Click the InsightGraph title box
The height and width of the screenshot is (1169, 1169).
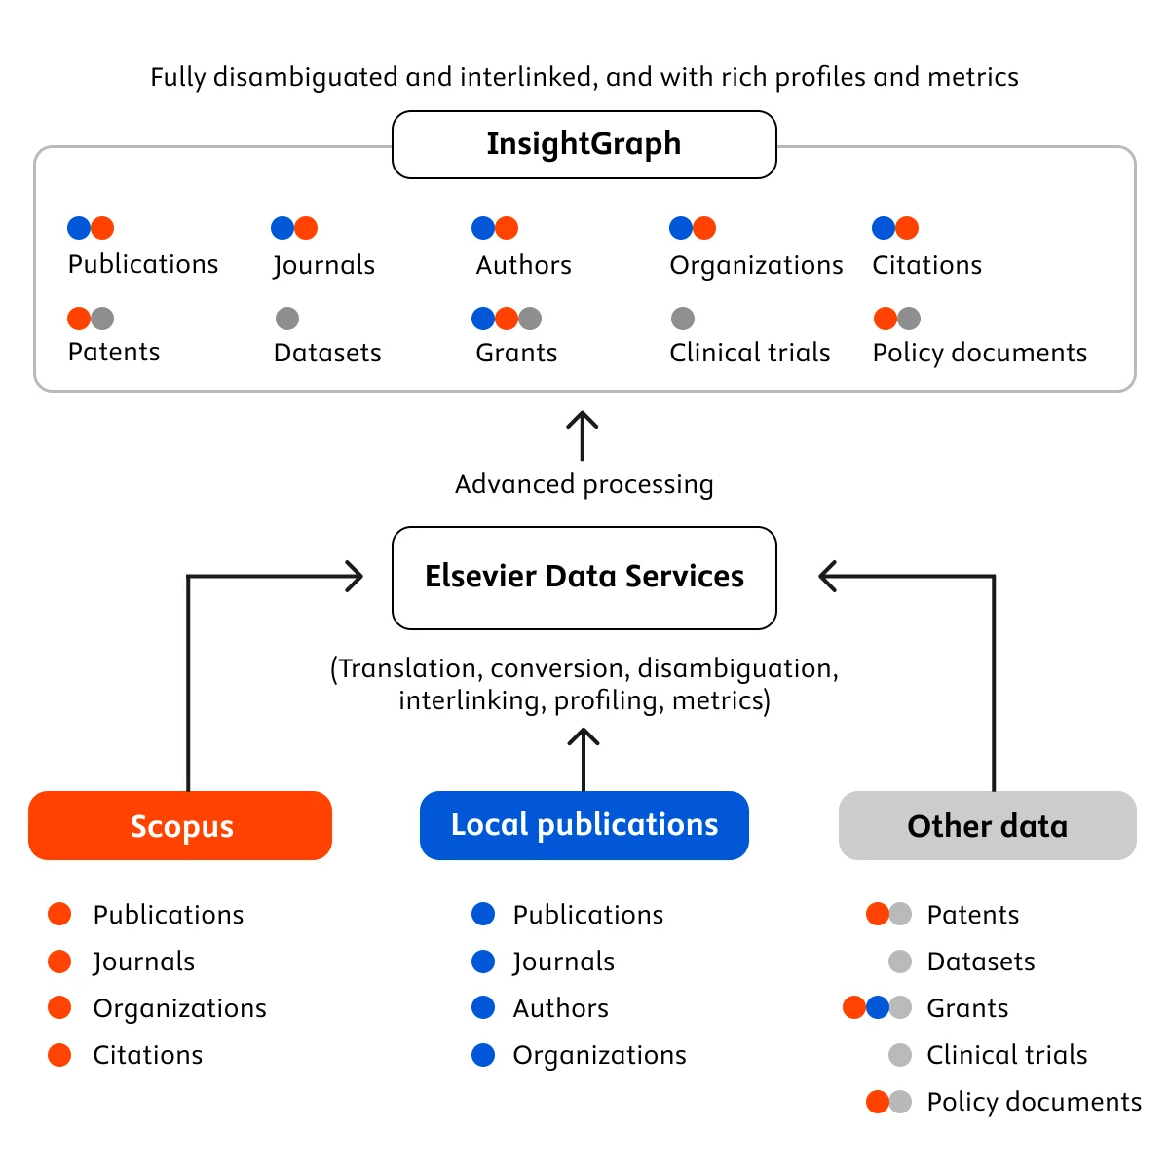584,144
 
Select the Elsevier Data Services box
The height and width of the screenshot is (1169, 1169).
584,578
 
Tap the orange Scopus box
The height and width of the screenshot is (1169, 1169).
180,826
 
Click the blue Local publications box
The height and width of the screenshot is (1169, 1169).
584,825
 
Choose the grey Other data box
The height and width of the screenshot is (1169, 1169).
987,826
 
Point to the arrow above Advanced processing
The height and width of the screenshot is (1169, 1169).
583,434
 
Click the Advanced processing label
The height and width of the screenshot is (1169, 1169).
584,484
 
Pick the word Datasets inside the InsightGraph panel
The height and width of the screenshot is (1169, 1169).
327,353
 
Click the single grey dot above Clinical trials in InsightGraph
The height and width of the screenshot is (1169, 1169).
683,319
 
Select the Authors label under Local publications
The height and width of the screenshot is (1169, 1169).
560,1008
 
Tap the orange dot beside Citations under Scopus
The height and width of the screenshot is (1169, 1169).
59,1055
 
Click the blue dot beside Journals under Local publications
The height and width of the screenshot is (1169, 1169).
483,962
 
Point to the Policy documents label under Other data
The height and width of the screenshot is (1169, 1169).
1034,1102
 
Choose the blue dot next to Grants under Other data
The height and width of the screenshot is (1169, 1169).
878,1007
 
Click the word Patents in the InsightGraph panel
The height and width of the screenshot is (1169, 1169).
114,352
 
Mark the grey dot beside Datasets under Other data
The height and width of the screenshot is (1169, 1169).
900,962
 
